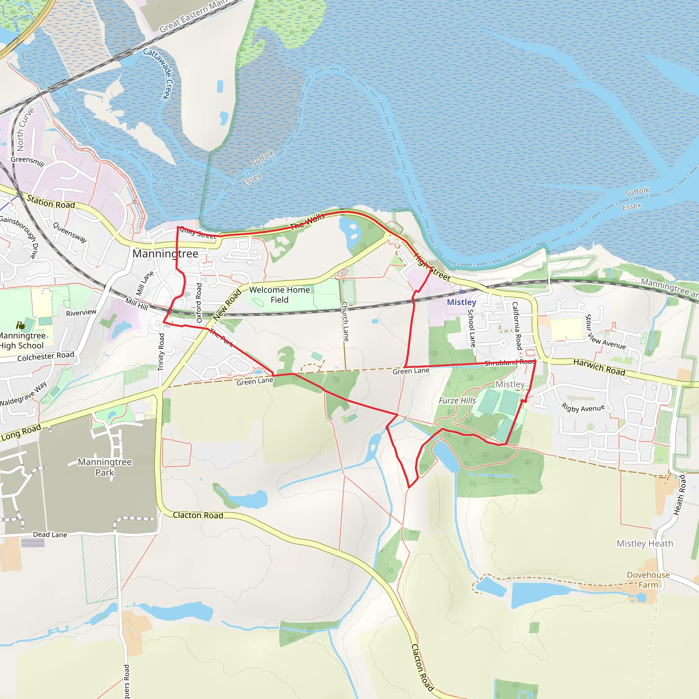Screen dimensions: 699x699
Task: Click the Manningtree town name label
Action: (x=165, y=254)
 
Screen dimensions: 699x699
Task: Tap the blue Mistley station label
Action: (x=461, y=302)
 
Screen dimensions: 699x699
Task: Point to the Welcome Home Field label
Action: (x=279, y=295)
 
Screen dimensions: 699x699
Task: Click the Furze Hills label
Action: (x=457, y=400)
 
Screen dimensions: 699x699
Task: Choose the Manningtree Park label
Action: (x=104, y=467)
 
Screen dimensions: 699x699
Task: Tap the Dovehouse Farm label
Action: (x=648, y=580)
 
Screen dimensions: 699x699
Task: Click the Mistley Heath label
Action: (x=645, y=543)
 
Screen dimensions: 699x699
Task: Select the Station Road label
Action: (x=51, y=202)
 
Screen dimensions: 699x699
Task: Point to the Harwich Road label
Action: (x=599, y=367)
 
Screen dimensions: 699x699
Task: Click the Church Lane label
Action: (x=345, y=321)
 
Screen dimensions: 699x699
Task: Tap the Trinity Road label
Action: (x=161, y=352)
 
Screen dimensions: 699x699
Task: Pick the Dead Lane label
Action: (x=50, y=534)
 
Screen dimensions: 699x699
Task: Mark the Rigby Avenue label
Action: (x=583, y=408)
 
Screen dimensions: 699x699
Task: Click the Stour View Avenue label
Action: (x=604, y=332)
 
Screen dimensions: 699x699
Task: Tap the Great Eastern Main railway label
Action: (x=194, y=16)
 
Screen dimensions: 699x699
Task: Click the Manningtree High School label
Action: (x=22, y=340)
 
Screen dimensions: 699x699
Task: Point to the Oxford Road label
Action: (x=199, y=302)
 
